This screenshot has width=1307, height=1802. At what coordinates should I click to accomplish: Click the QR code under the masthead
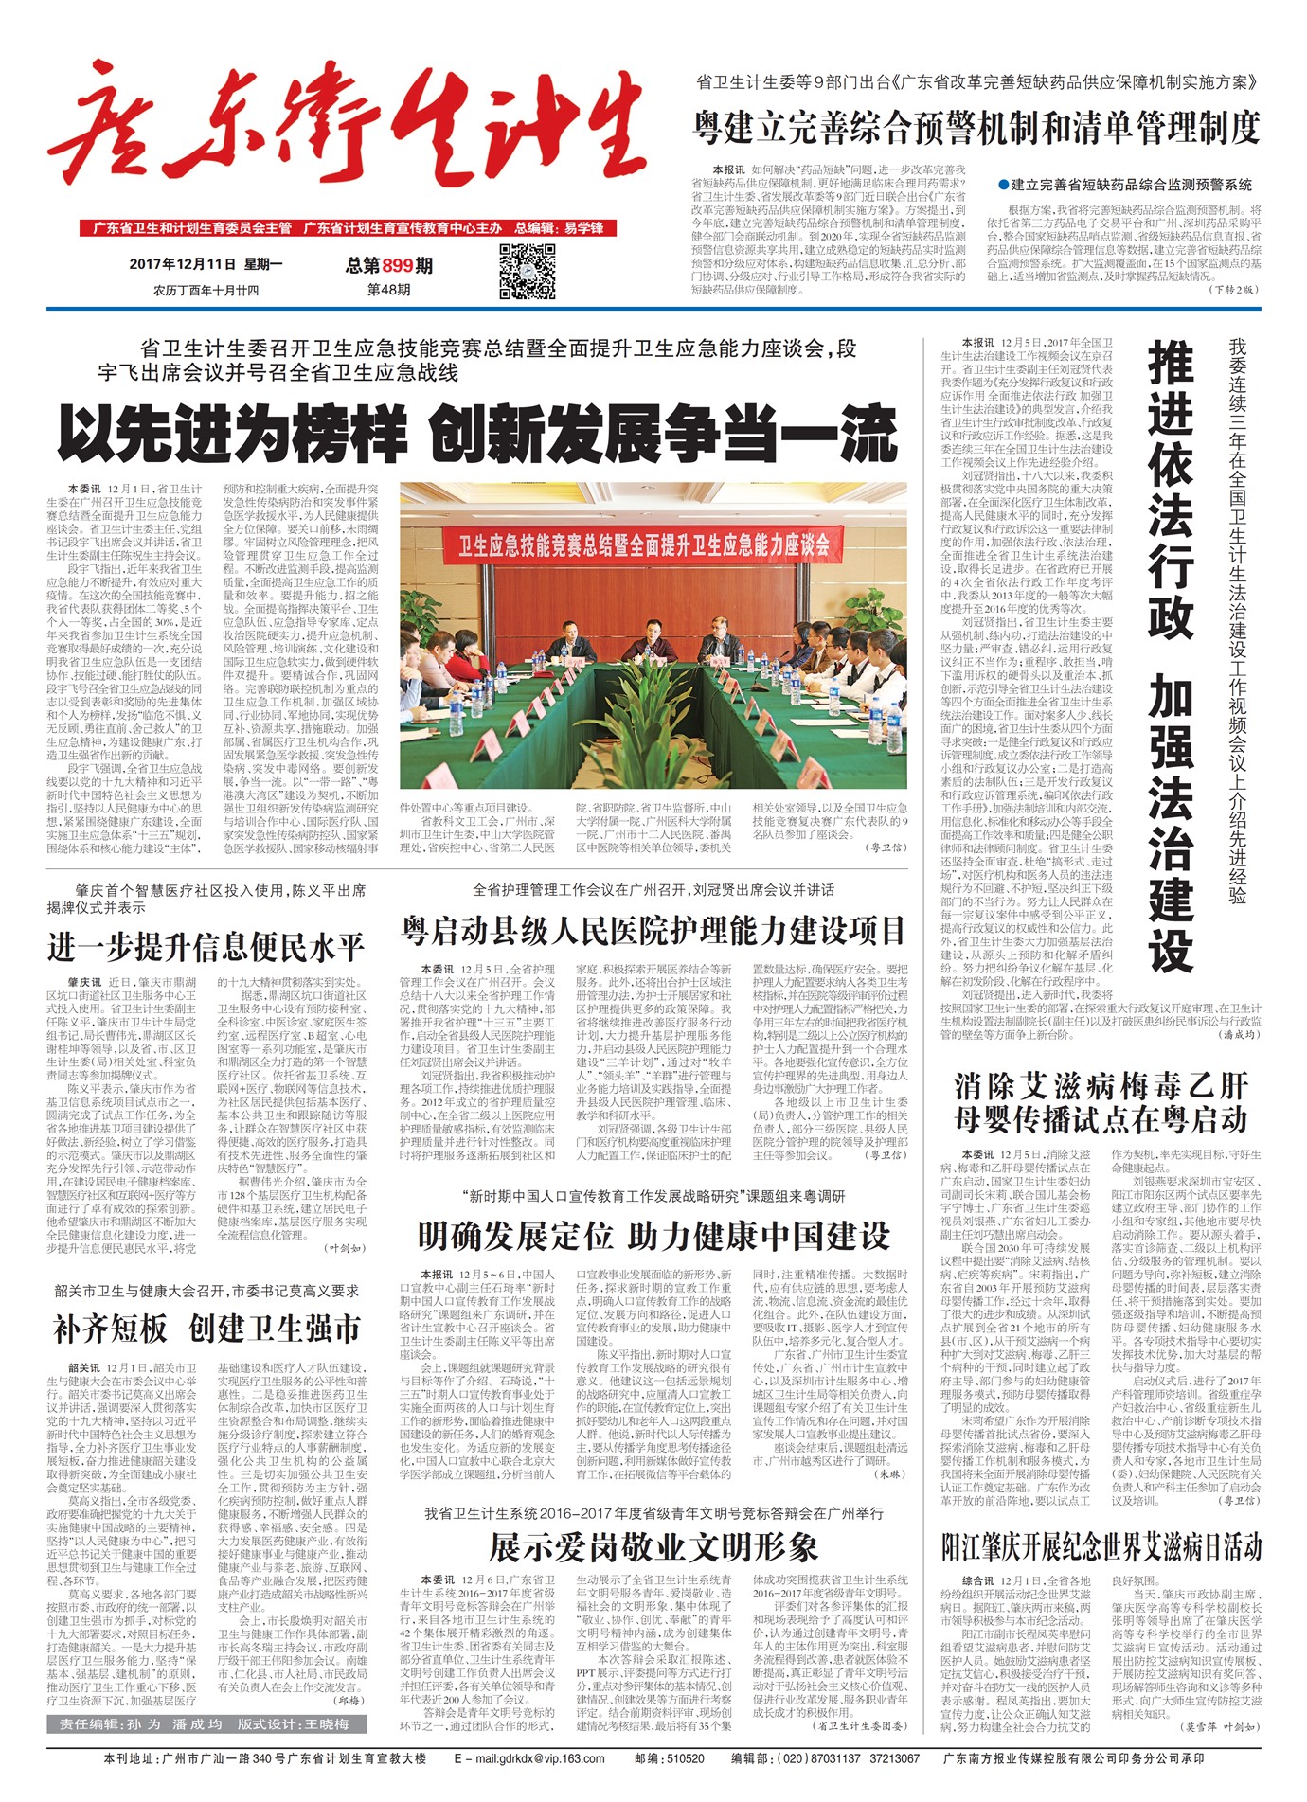(527, 271)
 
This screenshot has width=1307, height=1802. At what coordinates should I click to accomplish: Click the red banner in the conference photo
(644, 544)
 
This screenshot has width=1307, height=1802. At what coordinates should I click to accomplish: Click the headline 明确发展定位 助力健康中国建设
(653, 1235)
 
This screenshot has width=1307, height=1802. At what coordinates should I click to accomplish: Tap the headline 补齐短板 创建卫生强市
(206, 1328)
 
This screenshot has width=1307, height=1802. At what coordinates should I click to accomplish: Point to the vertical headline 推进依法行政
(1171, 492)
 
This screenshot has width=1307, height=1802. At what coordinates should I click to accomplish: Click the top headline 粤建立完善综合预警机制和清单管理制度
(977, 126)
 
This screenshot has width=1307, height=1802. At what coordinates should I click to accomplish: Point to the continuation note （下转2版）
(1234, 289)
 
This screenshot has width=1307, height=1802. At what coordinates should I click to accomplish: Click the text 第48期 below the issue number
(388, 290)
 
